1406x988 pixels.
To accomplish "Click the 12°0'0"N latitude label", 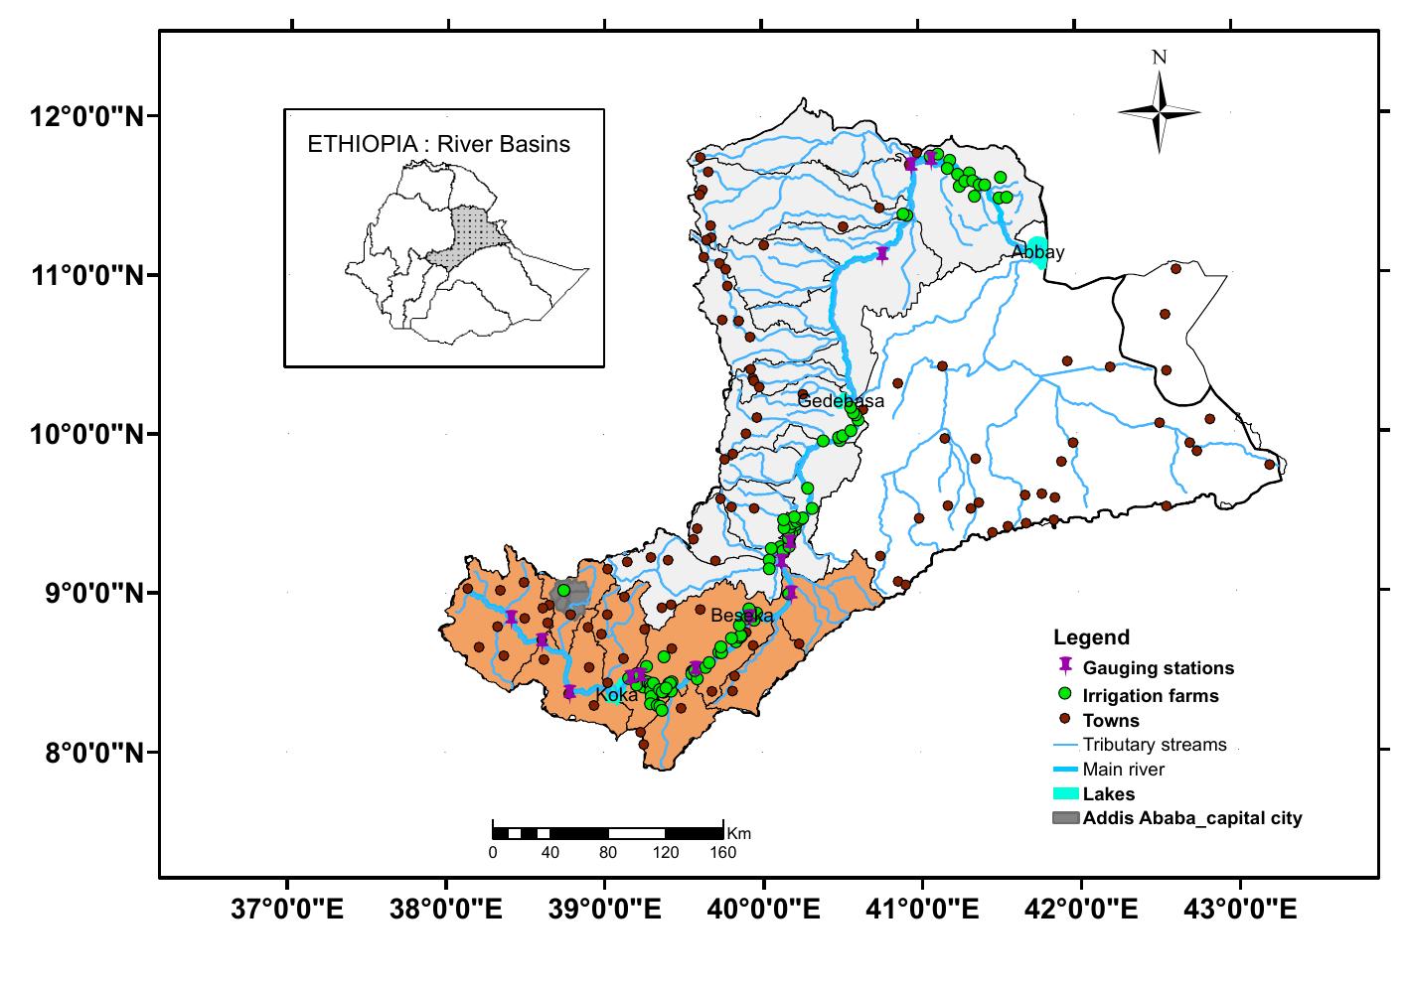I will coord(86,116).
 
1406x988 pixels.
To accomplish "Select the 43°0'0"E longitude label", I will coord(1239,909).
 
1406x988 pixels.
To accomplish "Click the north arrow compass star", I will coord(1159,112).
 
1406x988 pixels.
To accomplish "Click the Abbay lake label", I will coord(1037,252).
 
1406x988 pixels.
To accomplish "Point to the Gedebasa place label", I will coord(841,401).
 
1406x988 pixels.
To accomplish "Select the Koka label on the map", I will coord(616,696).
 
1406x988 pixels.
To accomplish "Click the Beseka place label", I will coord(741,617).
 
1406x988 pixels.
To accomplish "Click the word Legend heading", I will coord(1091,637).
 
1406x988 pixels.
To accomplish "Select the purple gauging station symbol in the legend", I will coord(1064,666).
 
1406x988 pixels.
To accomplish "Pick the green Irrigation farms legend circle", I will coord(1064,693).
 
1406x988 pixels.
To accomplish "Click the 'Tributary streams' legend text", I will coord(1154,745).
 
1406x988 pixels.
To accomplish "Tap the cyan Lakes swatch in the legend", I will coord(1065,793).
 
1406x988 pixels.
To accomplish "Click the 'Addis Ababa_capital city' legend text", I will coord(1191,818).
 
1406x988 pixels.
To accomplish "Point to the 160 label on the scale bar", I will coord(722,853).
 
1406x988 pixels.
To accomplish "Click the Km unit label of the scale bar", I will coord(738,832).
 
